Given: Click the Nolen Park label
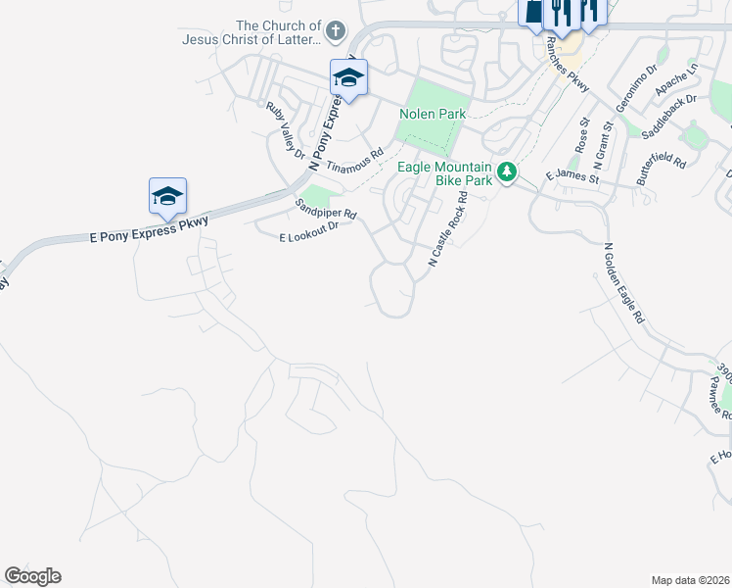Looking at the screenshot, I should point(433,115).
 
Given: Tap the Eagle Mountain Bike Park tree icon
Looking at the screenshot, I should point(506,172).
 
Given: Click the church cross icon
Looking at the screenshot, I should point(335,31).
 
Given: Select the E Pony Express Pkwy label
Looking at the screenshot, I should point(150,230).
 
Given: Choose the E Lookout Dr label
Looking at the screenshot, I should point(308,231).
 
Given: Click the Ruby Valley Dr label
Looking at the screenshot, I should point(286,129).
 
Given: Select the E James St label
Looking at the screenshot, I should point(571,175).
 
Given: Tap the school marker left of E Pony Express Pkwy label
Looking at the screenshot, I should point(167,196).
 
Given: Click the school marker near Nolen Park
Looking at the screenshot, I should point(348,76).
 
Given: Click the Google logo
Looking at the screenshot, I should point(33,576).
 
